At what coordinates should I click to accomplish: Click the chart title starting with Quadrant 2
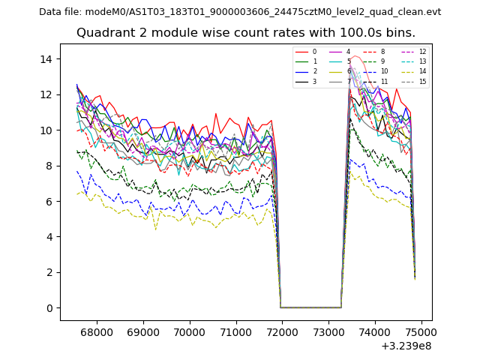(x=246, y=33)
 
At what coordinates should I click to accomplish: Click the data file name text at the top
(x=240, y=12)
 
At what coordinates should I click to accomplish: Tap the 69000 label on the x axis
(x=143, y=331)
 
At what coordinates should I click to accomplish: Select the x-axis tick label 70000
(x=190, y=331)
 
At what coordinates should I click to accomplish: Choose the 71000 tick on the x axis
(x=235, y=331)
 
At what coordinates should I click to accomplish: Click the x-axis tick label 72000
(x=282, y=331)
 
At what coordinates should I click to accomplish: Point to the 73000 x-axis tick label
(x=328, y=331)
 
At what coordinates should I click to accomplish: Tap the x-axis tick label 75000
(x=421, y=331)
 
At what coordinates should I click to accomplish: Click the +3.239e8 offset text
(x=406, y=346)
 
